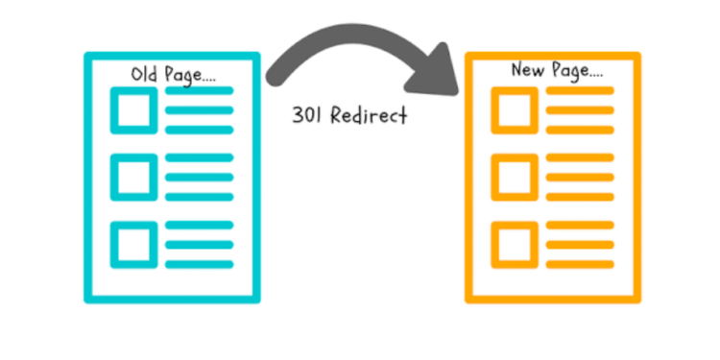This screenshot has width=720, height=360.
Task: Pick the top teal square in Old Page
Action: pos(132,110)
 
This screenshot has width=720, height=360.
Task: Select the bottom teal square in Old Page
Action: pos(132,241)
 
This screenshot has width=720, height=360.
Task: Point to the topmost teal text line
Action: pos(199,92)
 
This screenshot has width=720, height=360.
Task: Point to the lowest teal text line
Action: pos(199,260)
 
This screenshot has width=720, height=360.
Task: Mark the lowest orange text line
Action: pos(579,260)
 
